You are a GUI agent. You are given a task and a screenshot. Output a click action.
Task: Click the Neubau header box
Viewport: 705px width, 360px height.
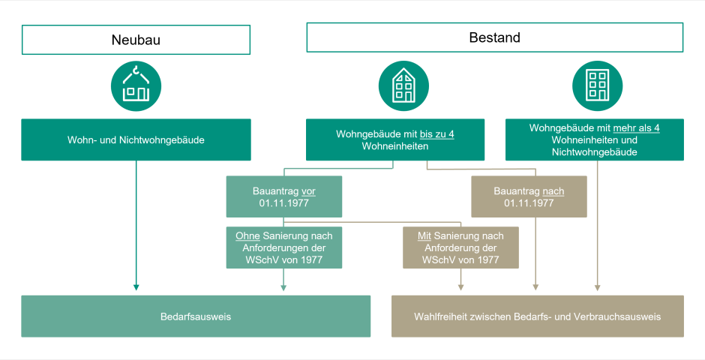(136, 40)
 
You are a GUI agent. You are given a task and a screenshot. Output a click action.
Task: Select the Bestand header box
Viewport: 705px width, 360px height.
(494, 37)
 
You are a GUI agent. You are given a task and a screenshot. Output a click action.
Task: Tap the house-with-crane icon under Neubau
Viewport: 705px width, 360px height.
(136, 85)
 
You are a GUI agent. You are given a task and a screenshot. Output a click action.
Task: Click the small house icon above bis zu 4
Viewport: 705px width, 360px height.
(403, 85)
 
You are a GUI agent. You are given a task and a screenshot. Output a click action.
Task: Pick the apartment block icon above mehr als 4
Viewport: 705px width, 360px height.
(596, 85)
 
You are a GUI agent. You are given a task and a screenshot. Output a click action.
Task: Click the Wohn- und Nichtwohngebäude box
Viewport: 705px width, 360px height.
(136, 139)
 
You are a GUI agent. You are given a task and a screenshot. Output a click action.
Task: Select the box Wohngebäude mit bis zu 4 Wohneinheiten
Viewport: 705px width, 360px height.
(395, 139)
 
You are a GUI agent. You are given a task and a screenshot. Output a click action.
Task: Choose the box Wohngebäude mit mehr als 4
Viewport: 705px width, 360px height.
(594, 139)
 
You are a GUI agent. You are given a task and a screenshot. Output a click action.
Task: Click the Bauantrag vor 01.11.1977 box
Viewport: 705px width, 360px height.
(283, 196)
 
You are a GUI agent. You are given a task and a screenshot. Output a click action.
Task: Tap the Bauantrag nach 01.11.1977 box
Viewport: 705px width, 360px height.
(529, 196)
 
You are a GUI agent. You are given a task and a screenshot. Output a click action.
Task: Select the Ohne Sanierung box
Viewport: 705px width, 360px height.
(283, 247)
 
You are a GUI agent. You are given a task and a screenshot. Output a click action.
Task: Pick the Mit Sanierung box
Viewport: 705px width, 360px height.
(460, 247)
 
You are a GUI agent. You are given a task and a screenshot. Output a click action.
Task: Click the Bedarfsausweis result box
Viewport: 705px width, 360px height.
(196, 316)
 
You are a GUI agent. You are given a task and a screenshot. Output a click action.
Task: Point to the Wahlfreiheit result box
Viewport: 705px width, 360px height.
(537, 316)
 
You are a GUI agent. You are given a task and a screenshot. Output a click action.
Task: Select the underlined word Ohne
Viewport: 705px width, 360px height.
(247, 235)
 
